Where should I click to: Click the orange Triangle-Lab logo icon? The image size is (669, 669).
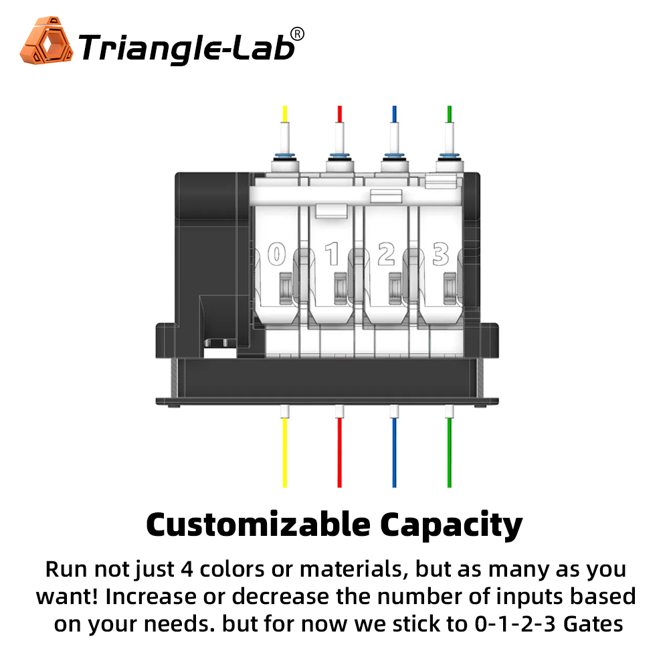coord(46,41)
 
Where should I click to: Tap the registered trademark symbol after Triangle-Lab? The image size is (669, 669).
coord(298,34)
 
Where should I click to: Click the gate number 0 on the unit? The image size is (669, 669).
coord(276,254)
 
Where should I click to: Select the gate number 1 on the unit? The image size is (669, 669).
coord(332,254)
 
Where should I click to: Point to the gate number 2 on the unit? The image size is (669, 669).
coord(387,254)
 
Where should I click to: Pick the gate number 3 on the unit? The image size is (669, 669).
coord(441,254)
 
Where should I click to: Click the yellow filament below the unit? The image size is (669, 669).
coord(284,452)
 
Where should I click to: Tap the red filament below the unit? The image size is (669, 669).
coord(340,452)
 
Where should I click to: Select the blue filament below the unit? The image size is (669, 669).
coord(394,452)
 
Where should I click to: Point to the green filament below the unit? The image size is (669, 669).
coord(450,452)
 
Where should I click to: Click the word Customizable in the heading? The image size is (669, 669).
coord(258,524)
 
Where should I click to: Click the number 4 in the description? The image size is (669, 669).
coord(187,569)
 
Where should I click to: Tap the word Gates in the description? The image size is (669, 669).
coord(593,624)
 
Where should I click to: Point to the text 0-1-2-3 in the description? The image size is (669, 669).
coord(515,624)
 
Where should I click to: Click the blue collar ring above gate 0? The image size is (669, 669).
coord(285,155)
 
